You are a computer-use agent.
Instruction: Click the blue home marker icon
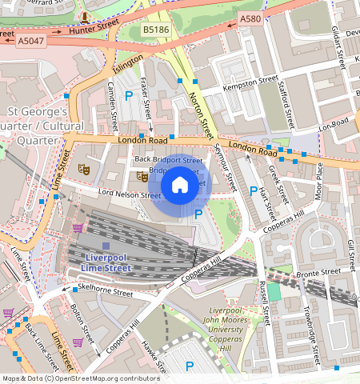click(180, 186)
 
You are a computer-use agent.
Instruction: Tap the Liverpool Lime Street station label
click(106, 262)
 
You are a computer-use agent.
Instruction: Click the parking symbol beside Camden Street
click(129, 95)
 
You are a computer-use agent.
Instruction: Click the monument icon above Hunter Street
click(85, 17)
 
